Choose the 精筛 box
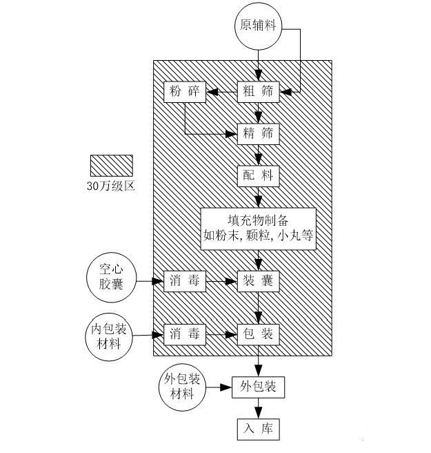[259, 134]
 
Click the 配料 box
[259, 175]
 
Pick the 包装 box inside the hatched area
[259, 335]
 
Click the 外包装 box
[259, 388]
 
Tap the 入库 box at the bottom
[259, 430]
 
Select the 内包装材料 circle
[110, 335]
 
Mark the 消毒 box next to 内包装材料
[185, 335]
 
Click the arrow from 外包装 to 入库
[259, 409]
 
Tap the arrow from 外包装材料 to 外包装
[219, 388]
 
